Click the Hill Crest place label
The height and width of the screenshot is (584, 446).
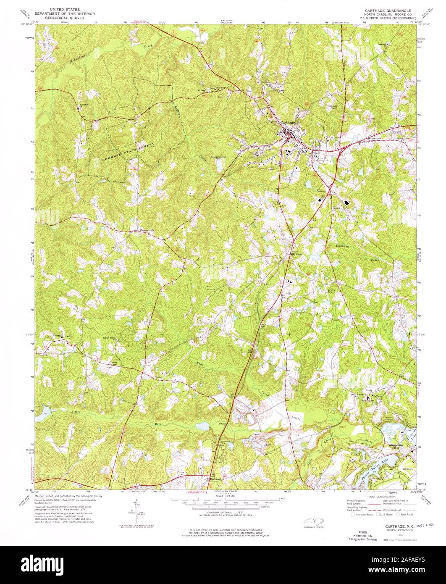[297, 255]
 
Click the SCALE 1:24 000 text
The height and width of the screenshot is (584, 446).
[225, 496]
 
